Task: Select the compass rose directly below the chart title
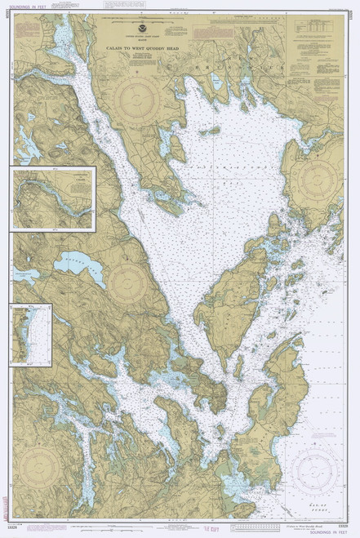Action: tap(140, 104)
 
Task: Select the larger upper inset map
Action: tap(53, 199)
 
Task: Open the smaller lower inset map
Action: tap(31, 333)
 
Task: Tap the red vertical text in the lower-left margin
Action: tap(7, 502)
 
